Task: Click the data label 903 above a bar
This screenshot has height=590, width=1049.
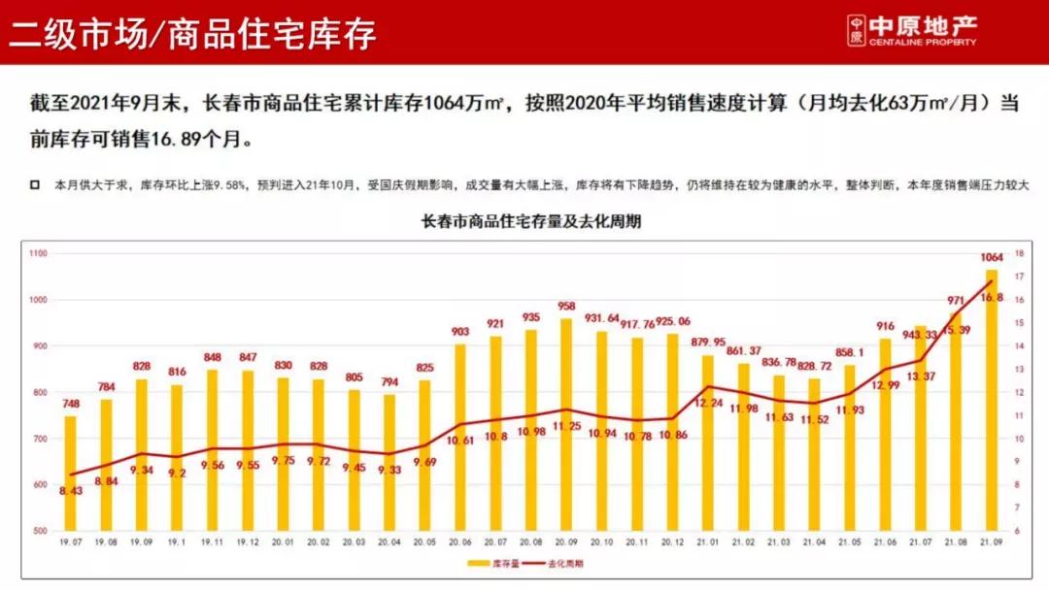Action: click(460, 332)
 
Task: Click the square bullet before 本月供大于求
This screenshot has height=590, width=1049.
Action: click(35, 184)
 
